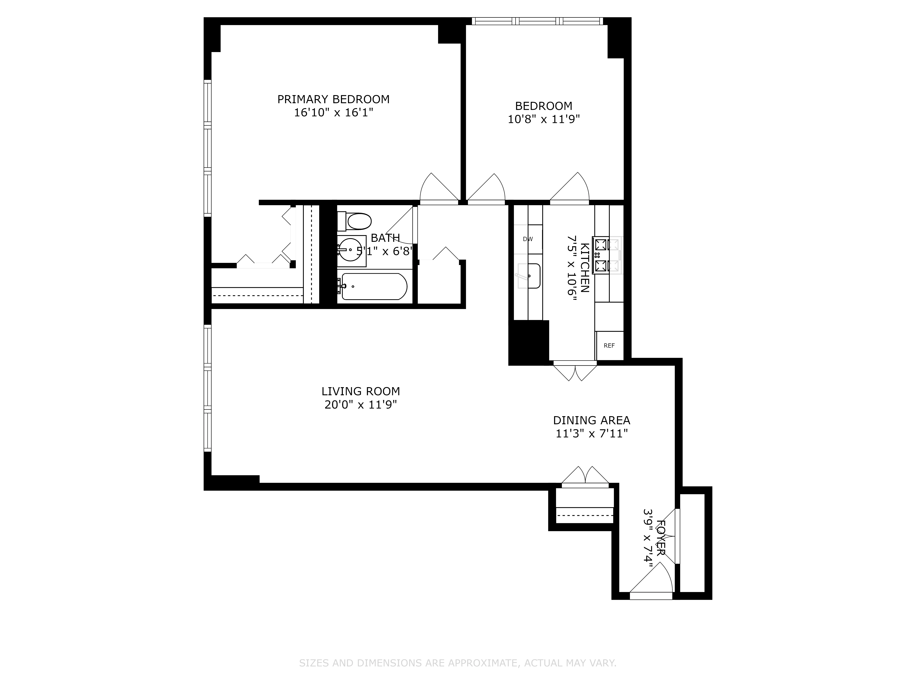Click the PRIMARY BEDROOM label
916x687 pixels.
tap(333, 99)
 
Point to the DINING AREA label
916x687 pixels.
tap(591, 420)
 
